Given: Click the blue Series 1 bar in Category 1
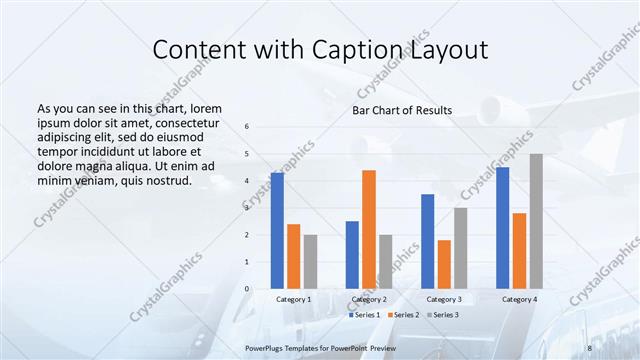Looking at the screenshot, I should (277, 231).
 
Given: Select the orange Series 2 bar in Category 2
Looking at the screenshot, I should (369, 229).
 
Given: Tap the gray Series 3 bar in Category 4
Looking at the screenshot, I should (536, 221).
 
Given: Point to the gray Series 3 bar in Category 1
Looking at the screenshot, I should (310, 262).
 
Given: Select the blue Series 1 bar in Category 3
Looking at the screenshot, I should (427, 241).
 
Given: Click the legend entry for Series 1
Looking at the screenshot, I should (366, 314).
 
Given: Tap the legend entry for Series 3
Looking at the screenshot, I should (444, 314).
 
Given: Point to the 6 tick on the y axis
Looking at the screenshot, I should (247, 126).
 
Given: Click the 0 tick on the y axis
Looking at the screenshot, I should (247, 289).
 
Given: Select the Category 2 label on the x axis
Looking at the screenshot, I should (369, 299).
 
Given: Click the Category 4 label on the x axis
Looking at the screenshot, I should (519, 299).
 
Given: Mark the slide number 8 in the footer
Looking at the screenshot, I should (590, 346).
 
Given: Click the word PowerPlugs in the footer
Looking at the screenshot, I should (268, 346).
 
